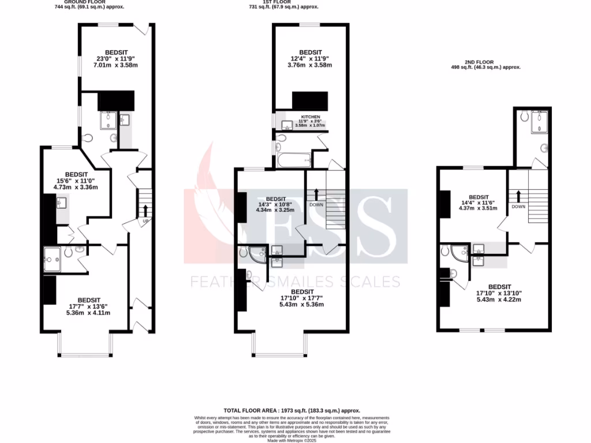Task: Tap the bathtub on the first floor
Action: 294,160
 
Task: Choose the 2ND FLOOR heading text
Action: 485,62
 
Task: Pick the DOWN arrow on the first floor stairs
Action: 316,192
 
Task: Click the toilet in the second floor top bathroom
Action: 523,116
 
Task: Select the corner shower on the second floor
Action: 459,253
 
